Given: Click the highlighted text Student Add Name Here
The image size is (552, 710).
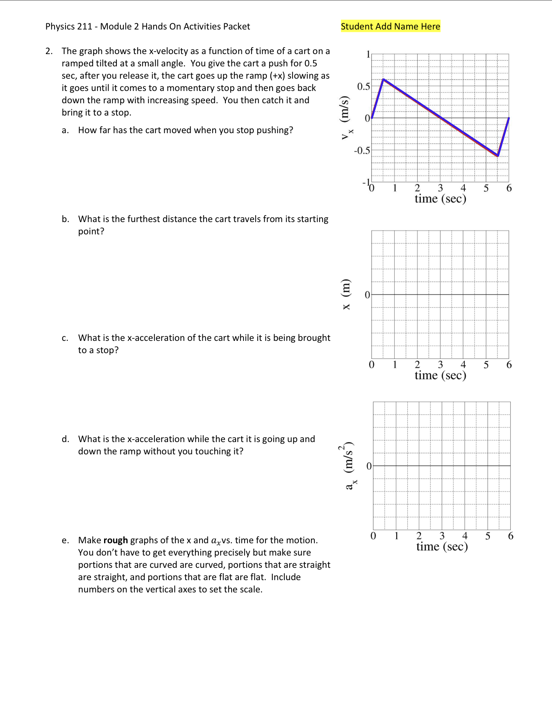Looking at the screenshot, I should tap(390, 26).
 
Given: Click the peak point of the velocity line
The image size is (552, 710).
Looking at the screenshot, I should tap(383, 79).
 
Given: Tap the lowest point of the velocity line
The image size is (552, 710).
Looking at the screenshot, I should tap(498, 156).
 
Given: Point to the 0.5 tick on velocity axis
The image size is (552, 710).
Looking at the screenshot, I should tap(363, 86).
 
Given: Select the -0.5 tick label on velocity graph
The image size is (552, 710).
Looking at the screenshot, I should tap(362, 150).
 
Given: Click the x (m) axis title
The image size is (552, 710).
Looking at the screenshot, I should tap(346, 294).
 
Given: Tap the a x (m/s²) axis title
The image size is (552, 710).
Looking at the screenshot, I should tap(348, 466).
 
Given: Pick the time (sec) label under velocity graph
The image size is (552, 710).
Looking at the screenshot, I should tap(440, 199).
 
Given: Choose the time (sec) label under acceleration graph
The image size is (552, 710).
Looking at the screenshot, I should tap(442, 547).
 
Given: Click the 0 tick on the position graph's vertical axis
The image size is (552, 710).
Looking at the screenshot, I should tap(367, 295).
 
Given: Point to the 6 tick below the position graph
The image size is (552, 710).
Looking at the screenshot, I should tap(509, 365).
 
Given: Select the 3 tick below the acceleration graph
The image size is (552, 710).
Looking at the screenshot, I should tap(442, 536).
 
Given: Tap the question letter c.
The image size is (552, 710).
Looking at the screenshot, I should tap(65, 338).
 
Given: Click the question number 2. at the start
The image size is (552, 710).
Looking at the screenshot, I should tap(49, 51).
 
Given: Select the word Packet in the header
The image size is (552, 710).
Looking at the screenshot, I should tap(236, 27).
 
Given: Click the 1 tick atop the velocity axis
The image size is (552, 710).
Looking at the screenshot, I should tap(368, 54).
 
